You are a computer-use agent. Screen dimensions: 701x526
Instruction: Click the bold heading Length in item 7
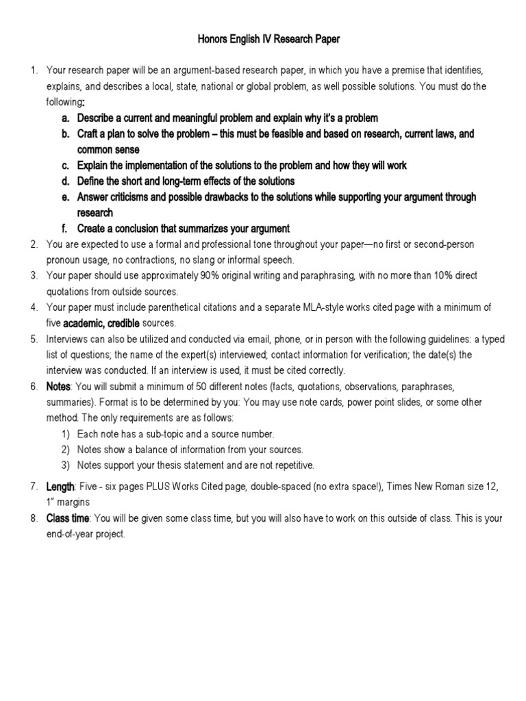[x=60, y=487]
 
